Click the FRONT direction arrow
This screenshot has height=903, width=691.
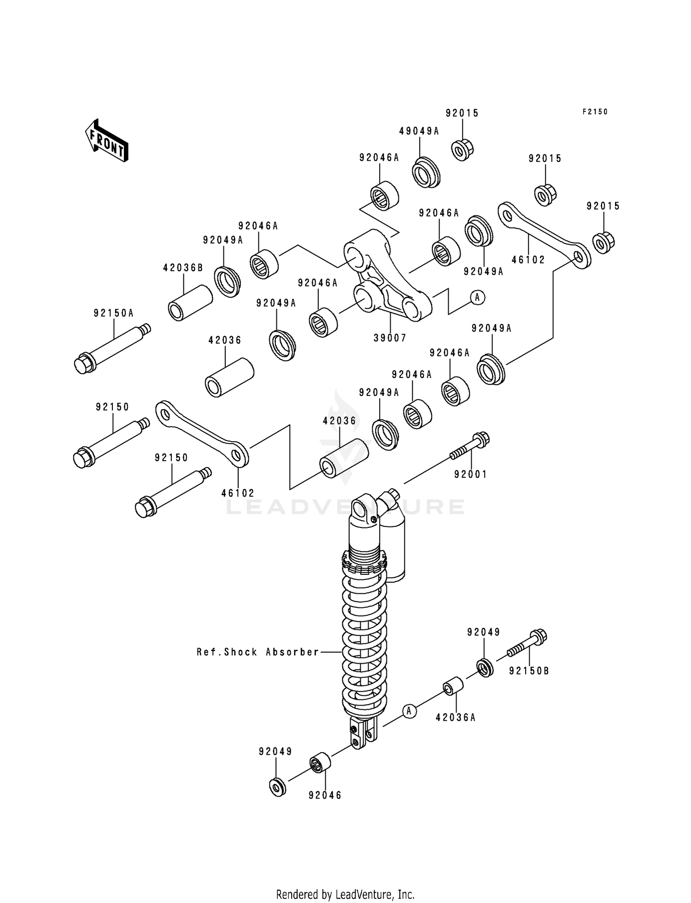click(106, 141)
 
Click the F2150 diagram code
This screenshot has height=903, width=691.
click(595, 112)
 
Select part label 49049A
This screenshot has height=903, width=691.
click(419, 131)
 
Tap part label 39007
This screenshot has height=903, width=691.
click(390, 338)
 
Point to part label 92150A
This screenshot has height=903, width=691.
click(113, 313)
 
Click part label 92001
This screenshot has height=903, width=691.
click(470, 474)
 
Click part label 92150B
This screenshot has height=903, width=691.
click(529, 671)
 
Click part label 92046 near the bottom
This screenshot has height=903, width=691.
click(325, 795)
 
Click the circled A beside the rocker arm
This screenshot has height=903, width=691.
click(477, 298)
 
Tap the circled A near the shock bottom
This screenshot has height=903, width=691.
click(409, 711)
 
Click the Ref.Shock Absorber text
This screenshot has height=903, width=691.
click(258, 652)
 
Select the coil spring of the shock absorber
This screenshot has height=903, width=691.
click(364, 644)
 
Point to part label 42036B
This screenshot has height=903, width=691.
click(183, 268)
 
